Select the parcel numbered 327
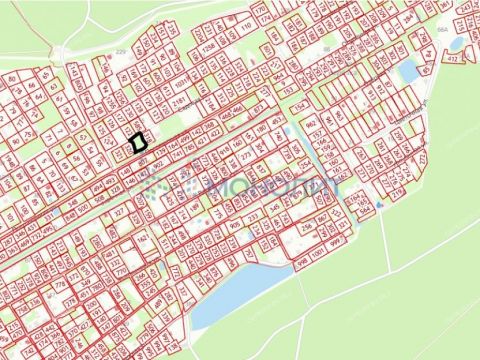click(121, 213)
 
